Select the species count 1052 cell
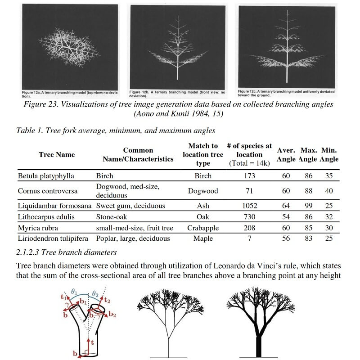249,206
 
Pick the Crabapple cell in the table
203,228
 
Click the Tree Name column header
57,154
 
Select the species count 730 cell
249,217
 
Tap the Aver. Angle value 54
286,217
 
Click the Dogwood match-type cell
203,191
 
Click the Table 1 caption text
115,131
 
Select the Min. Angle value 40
329,191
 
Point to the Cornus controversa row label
48,191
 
